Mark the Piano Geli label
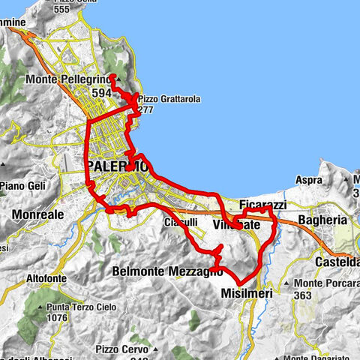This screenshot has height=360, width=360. [x=23, y=186]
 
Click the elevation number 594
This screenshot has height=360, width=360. [x=103, y=92]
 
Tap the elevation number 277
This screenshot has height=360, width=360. [x=146, y=109]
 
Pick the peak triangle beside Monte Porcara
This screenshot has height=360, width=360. [x=287, y=283]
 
